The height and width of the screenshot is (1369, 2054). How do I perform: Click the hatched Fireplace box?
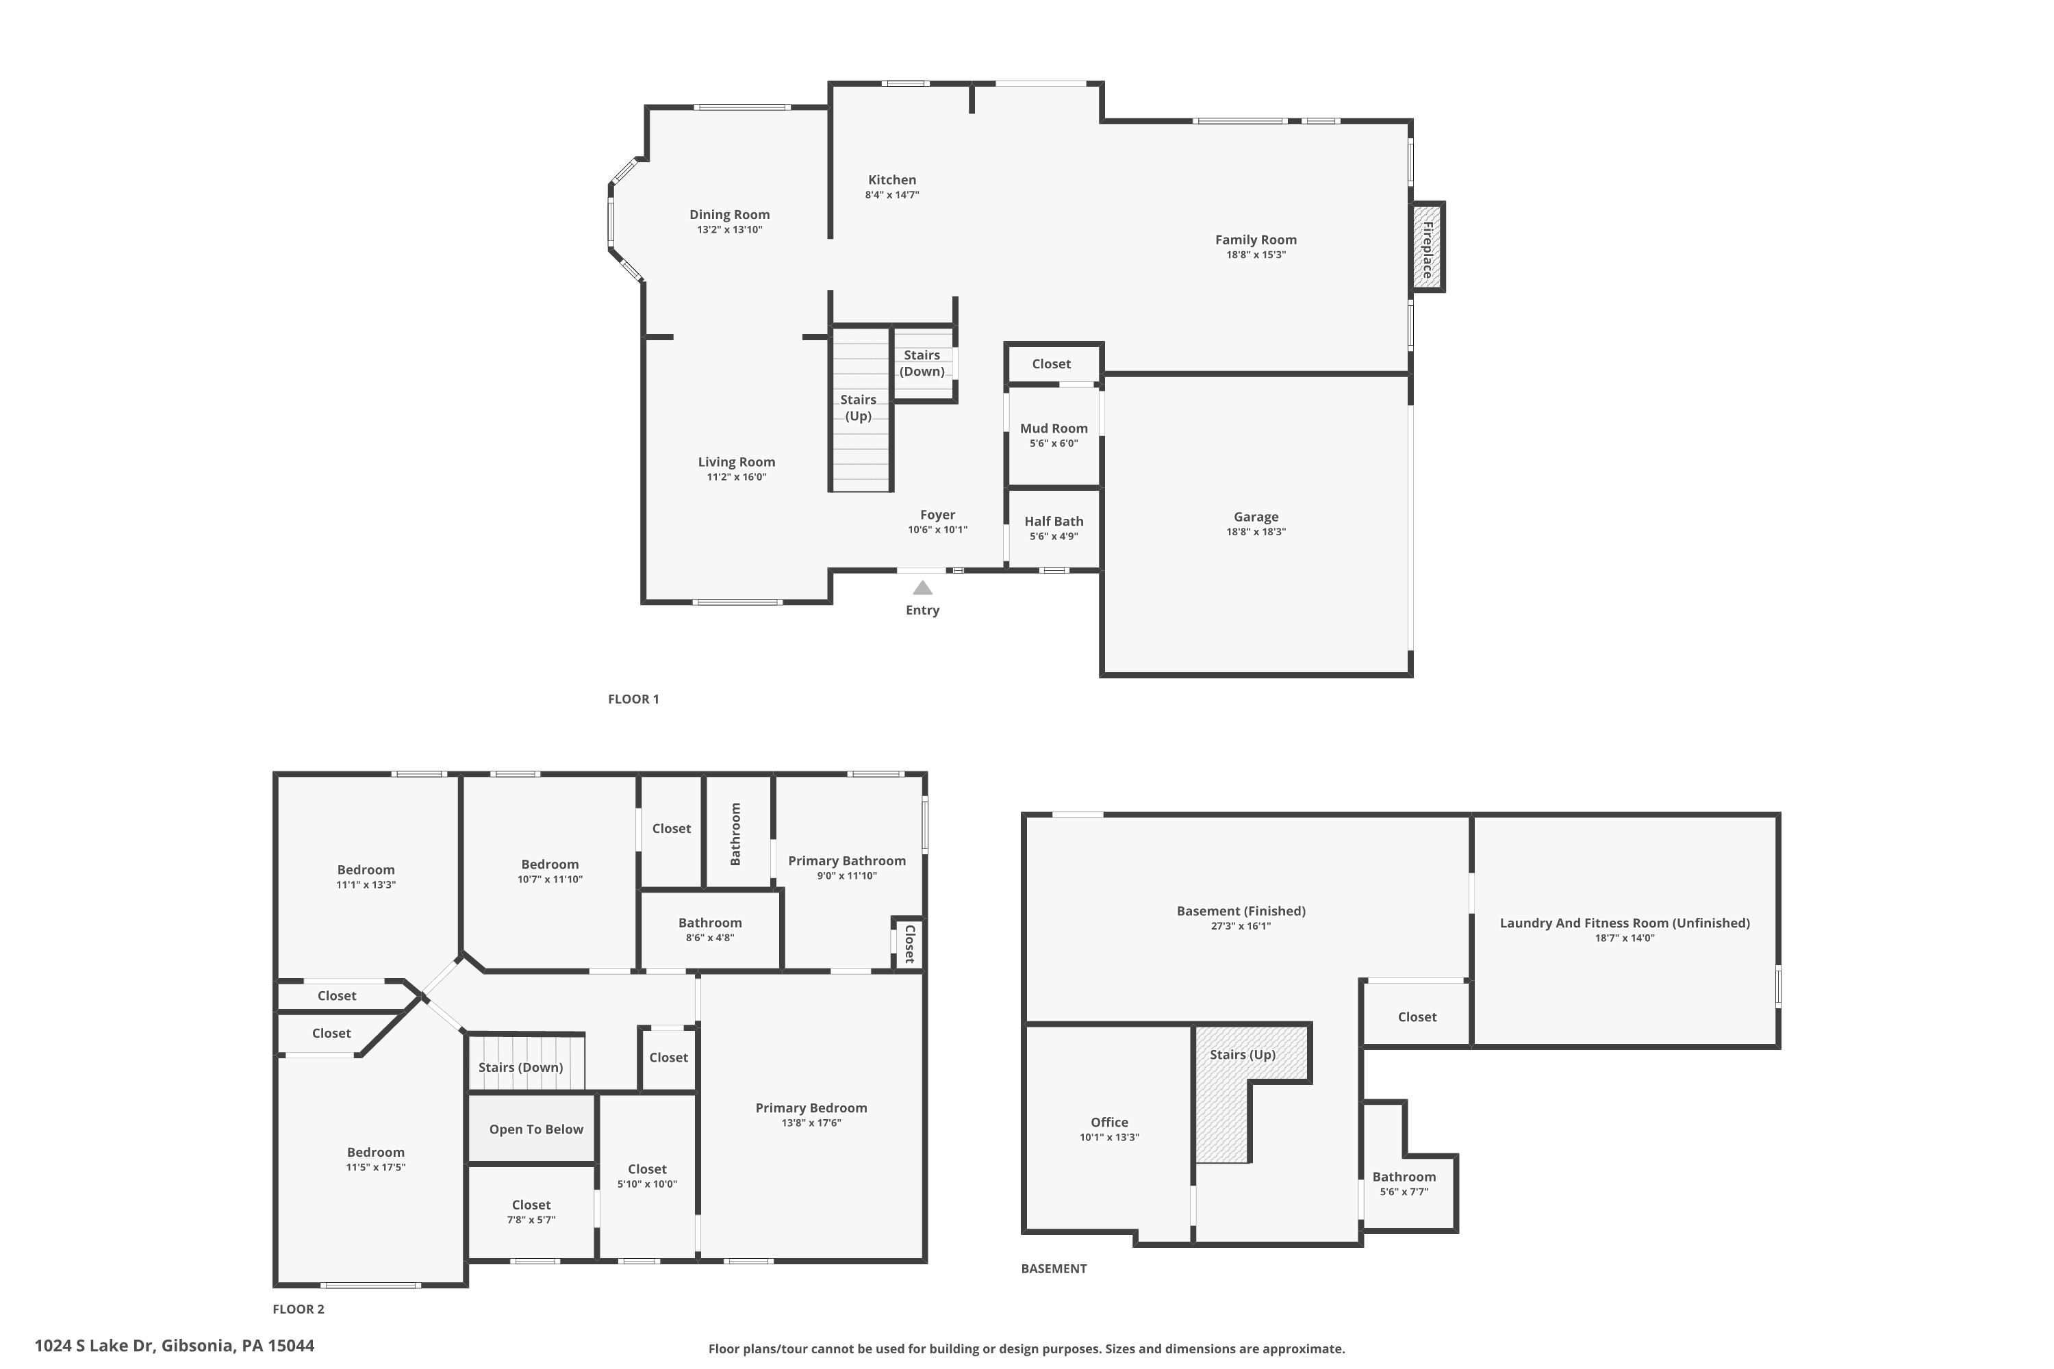[x=1427, y=247]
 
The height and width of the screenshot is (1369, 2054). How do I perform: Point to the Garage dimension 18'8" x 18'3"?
[x=1255, y=532]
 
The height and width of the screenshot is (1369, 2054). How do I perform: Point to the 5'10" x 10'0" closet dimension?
[x=647, y=1185]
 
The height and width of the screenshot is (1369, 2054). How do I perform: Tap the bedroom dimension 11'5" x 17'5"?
[x=375, y=1167]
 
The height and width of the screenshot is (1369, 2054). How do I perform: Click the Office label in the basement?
[x=1109, y=1123]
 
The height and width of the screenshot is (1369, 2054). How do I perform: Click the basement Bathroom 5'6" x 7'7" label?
[x=1404, y=1177]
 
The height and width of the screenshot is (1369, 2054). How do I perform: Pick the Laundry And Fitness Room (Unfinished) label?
[x=1624, y=923]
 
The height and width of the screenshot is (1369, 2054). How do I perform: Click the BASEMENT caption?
[x=1053, y=1268]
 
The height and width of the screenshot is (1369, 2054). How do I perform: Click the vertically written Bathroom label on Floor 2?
[x=735, y=834]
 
